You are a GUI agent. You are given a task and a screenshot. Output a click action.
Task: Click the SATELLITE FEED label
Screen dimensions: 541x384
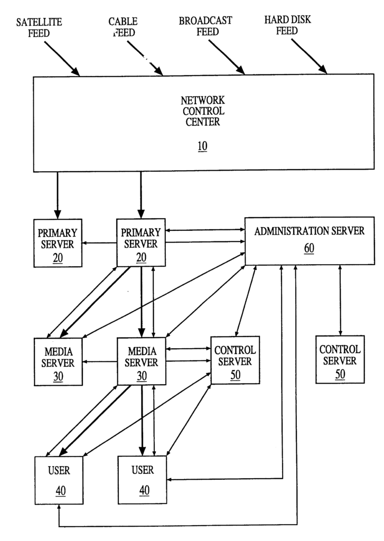(39, 27)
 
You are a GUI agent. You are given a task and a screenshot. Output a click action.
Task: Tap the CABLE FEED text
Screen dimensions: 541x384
(123, 27)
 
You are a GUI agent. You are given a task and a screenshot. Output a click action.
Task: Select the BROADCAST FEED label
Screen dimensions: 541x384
(205, 26)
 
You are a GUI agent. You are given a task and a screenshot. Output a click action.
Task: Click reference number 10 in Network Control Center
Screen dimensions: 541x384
(202, 146)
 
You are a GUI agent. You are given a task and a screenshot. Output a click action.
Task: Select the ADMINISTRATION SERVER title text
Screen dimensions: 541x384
(309, 231)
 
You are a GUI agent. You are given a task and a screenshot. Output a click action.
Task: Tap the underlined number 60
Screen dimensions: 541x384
(309, 248)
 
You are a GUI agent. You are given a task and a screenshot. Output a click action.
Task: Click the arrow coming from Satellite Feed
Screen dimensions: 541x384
(62, 58)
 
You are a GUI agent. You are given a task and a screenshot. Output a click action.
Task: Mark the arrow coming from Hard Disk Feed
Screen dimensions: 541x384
(308, 57)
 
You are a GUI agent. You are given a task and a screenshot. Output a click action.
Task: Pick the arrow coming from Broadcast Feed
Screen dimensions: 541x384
(226, 57)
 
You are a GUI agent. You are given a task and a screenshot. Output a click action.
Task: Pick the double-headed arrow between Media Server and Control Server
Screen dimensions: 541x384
(188, 348)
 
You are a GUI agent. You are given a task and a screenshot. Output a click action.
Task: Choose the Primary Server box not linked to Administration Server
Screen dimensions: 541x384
(58, 242)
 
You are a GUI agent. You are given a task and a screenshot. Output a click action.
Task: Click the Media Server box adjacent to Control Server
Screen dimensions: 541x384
(141, 361)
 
